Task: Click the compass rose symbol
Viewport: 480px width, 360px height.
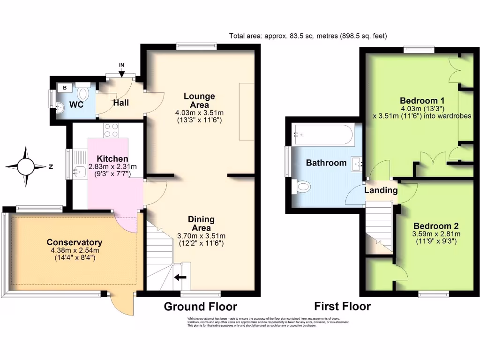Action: click(x=27, y=166)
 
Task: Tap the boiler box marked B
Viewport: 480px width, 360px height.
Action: click(x=64, y=87)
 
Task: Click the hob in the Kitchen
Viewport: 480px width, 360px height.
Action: click(x=112, y=130)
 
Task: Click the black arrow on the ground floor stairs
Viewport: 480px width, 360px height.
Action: click(x=179, y=277)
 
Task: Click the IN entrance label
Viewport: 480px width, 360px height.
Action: click(x=122, y=65)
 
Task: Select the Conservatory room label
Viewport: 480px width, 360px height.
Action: click(x=75, y=242)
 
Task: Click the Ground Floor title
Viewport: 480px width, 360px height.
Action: click(x=200, y=307)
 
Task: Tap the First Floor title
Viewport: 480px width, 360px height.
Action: click(x=342, y=307)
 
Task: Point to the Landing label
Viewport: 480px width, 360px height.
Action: click(x=381, y=190)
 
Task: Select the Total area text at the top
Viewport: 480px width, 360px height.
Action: click(x=308, y=36)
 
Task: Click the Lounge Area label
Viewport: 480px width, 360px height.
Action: click(x=199, y=100)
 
